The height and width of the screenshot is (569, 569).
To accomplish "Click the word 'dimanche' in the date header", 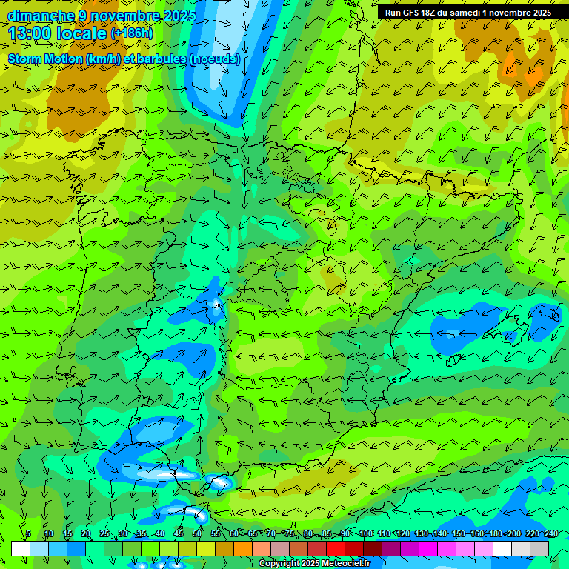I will [40, 16].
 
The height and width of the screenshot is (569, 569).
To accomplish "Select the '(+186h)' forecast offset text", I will [131, 33].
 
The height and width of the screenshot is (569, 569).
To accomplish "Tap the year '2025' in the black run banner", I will [536, 13].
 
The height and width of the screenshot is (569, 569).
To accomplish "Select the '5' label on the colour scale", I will [28, 533].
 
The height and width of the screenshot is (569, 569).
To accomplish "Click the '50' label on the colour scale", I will [197, 533].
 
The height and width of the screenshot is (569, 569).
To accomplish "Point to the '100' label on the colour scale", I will [365, 533].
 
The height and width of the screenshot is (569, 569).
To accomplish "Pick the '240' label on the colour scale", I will [551, 533].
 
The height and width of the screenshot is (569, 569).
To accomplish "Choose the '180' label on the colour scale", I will [496, 533].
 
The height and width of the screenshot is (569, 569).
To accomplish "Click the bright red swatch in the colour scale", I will [336, 548].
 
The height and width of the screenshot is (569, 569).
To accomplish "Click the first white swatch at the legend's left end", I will [21, 548].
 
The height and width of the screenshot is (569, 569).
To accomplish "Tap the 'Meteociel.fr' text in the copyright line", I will [346, 563].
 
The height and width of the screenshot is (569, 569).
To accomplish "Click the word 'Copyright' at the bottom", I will [279, 563].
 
